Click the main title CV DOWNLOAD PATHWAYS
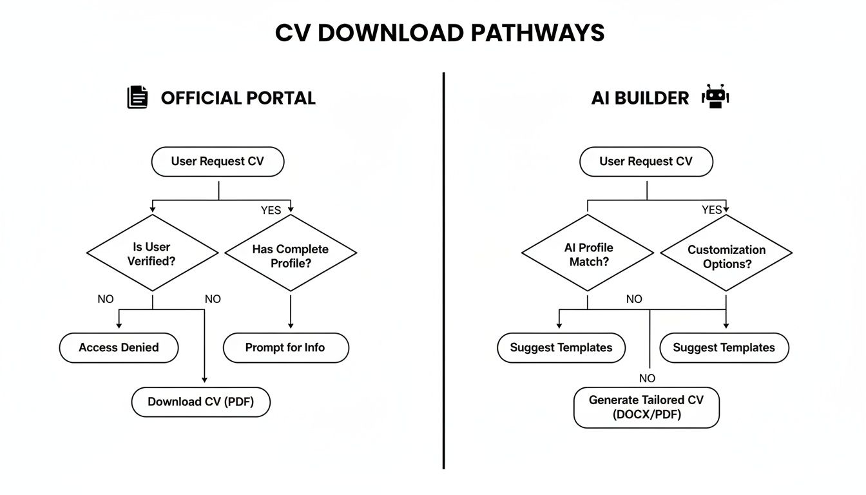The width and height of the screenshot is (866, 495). click(x=439, y=33)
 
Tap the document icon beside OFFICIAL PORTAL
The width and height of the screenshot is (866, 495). click(x=137, y=97)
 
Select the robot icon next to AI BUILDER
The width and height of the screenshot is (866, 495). click(x=715, y=97)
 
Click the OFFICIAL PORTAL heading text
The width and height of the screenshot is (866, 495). click(x=238, y=98)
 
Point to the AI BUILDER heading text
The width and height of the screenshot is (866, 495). click(x=640, y=98)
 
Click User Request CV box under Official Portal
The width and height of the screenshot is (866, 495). click(x=217, y=161)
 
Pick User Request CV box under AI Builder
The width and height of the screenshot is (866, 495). click(x=646, y=161)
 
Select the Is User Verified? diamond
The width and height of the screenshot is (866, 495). click(x=152, y=253)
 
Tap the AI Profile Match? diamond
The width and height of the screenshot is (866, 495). click(x=587, y=254)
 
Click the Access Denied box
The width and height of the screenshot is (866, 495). click(x=119, y=347)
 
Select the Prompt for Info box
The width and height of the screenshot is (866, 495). click(x=285, y=347)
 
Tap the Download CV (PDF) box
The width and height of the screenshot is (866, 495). click(x=200, y=402)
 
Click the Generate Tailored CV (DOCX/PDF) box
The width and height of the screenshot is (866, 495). click(x=646, y=407)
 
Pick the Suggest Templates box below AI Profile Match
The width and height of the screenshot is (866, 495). click(x=561, y=347)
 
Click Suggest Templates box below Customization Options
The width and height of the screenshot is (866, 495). click(x=724, y=347)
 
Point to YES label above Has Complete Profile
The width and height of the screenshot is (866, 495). click(x=271, y=210)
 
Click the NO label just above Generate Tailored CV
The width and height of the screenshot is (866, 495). click(x=647, y=378)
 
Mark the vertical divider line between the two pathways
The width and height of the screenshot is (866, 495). click(x=444, y=271)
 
